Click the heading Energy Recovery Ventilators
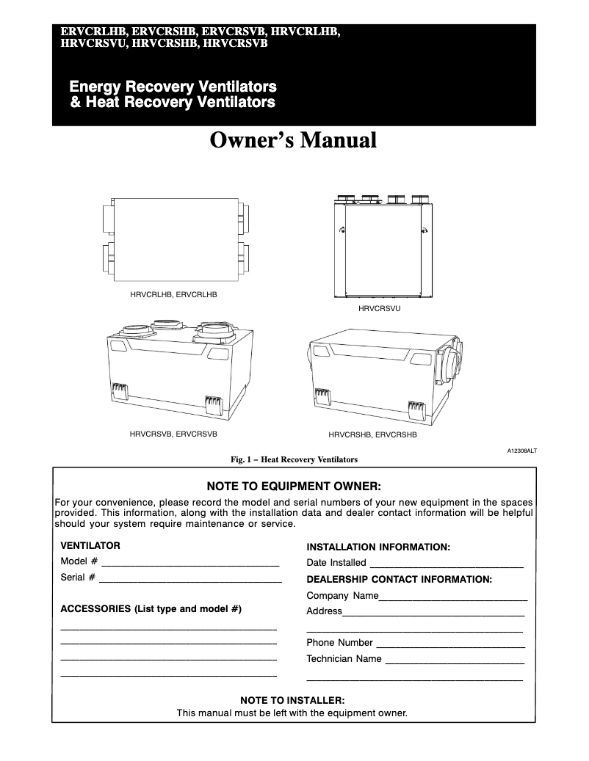pyautogui.click(x=173, y=87)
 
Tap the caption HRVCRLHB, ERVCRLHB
pyautogui.click(x=174, y=294)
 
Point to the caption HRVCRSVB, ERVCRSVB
pyautogui.click(x=173, y=434)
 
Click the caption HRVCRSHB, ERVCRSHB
pyautogui.click(x=372, y=434)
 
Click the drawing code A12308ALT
pyautogui.click(x=521, y=451)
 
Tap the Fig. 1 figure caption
pyautogui.click(x=294, y=460)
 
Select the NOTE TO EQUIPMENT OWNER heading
pyautogui.click(x=294, y=486)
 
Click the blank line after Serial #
pyautogui.click(x=190, y=580)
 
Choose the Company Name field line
pyautogui.click(x=453, y=599)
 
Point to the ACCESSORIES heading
pyautogui.click(x=151, y=609)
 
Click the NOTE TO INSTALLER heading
pyautogui.click(x=292, y=700)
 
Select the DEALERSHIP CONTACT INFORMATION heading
pyautogui.click(x=399, y=579)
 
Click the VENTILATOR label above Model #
pyautogui.click(x=90, y=546)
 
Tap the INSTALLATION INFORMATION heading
pyautogui.click(x=377, y=547)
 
